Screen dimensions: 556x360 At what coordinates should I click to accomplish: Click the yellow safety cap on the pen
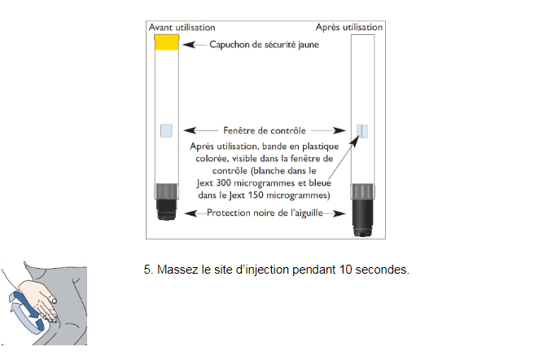pos(166,42)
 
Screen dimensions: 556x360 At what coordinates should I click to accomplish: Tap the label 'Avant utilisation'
pos(182,28)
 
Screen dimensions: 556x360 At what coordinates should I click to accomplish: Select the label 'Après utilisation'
pos(349,27)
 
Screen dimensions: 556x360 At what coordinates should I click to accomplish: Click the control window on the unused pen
pos(166,130)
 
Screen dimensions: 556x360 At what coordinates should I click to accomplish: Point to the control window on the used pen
pos(362,131)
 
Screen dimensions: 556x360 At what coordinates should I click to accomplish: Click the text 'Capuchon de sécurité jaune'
pos(265,45)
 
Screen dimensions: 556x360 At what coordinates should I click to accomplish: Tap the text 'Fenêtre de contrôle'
pos(265,130)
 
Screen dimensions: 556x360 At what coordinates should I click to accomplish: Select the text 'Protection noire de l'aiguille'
pos(265,213)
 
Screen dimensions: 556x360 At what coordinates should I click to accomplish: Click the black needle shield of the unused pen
pos(166,209)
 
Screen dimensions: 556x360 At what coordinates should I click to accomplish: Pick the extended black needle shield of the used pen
pos(362,217)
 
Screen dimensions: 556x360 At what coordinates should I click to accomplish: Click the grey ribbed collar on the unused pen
pos(166,191)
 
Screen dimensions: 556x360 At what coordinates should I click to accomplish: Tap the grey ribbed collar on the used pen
pos(362,191)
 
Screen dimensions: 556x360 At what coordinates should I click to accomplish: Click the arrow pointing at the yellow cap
pos(195,45)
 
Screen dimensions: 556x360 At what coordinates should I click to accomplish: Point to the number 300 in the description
pos(223,183)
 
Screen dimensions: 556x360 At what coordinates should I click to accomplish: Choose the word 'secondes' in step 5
pos(383,270)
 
